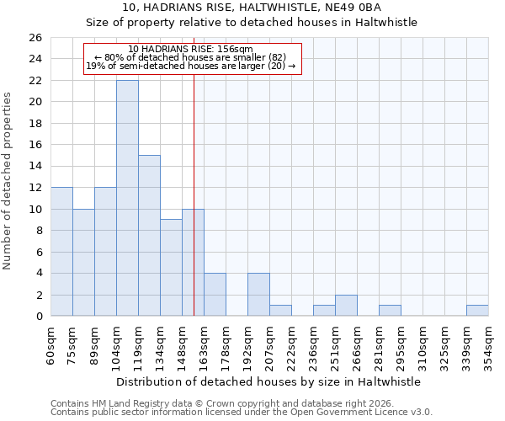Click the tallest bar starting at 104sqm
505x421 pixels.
(x=127, y=198)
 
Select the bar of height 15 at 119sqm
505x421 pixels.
(x=149, y=236)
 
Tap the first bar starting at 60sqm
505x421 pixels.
(x=61, y=252)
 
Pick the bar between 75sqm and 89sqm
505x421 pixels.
(x=83, y=263)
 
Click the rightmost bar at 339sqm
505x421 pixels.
(x=477, y=311)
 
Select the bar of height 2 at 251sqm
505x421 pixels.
(x=346, y=306)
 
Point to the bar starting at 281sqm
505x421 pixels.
(x=390, y=311)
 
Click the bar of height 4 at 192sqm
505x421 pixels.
(x=258, y=295)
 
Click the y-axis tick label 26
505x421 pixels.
(x=35, y=38)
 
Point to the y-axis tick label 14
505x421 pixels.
(x=35, y=166)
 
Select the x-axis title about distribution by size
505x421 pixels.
(x=268, y=381)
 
